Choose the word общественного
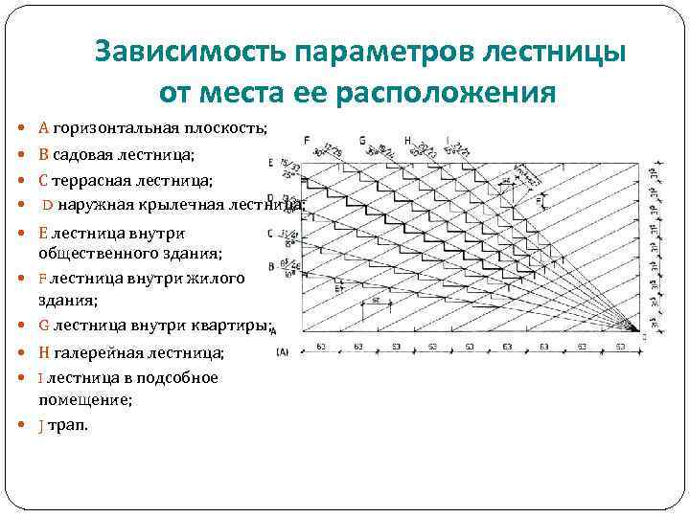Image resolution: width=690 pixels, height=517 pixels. pyautogui.click(x=96, y=254)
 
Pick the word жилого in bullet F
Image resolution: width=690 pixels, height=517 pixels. pyautogui.click(x=218, y=278)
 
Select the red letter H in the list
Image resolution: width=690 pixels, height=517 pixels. pyautogui.click(x=43, y=352)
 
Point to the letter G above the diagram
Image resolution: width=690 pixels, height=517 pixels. pyautogui.click(x=362, y=141)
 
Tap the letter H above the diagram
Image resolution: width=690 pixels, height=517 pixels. pyautogui.click(x=408, y=141)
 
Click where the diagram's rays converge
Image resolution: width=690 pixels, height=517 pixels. pyautogui.click(x=634, y=329)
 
